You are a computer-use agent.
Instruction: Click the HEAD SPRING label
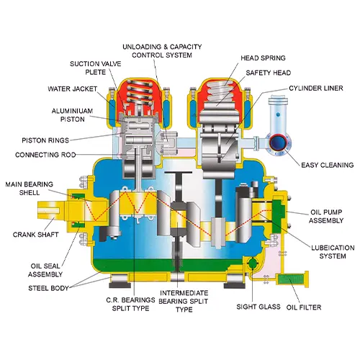263,58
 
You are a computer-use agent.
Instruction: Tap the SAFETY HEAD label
269,73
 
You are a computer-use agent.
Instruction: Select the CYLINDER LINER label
316,89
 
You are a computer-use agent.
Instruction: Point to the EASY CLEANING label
328,165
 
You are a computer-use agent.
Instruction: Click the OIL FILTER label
304,307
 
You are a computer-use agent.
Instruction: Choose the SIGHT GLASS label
258,307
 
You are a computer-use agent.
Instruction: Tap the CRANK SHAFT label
35,235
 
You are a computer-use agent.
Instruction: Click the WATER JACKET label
72,89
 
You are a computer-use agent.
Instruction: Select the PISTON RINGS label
45,140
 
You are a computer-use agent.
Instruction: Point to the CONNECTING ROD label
45,155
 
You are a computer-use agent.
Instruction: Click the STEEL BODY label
48,288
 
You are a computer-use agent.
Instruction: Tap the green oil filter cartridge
291,279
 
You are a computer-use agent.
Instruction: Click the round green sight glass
252,264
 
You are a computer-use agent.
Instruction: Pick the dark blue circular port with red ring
278,143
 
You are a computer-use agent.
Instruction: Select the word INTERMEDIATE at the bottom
184,293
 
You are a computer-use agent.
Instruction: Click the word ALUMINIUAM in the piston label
72,111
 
